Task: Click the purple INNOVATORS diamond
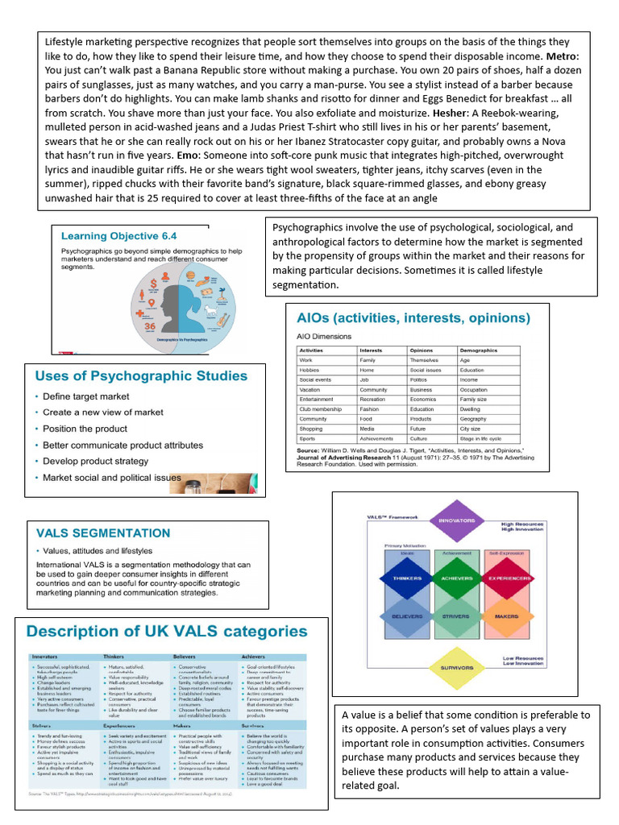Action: click(x=456, y=520)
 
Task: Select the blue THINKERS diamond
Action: click(x=408, y=578)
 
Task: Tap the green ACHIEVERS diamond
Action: click(x=456, y=578)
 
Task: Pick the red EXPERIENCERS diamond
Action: click(x=507, y=578)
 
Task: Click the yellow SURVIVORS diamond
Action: click(x=456, y=667)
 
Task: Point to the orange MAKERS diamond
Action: click(x=507, y=616)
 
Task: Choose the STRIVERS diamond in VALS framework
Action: click(x=456, y=616)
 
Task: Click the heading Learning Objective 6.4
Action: click(x=119, y=236)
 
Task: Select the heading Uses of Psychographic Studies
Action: click(x=141, y=375)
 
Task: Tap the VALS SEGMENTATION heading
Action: click(x=103, y=533)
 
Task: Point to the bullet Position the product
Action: click(x=85, y=429)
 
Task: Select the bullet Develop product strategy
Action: click(x=95, y=461)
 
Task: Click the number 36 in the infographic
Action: click(x=150, y=327)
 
